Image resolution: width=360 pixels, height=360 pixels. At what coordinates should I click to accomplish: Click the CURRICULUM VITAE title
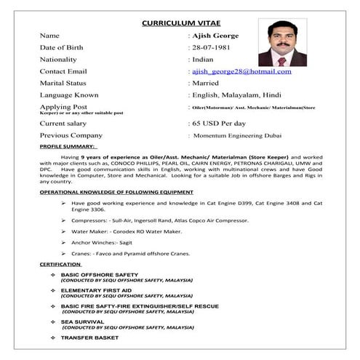pos(180,22)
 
